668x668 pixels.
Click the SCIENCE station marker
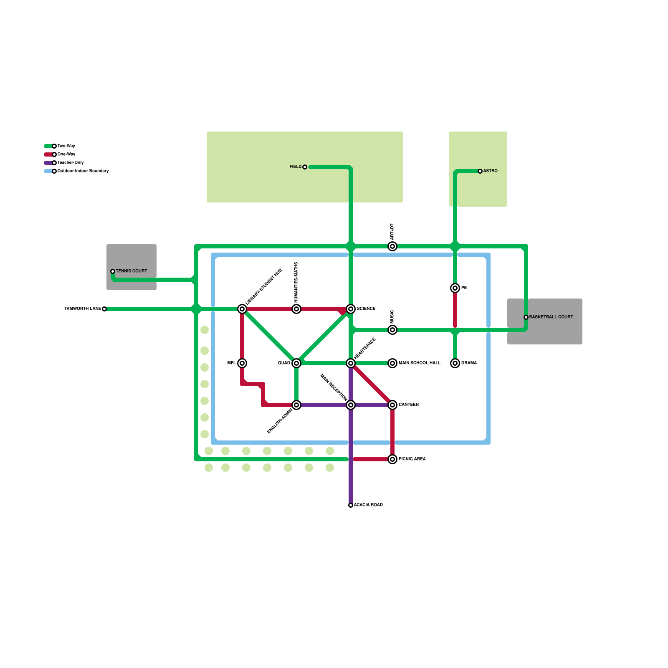[x=351, y=309]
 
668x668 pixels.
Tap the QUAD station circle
[x=296, y=363]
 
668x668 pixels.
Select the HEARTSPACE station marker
[x=351, y=363]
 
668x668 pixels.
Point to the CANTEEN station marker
[x=392, y=405]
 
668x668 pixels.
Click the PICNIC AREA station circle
[x=392, y=459]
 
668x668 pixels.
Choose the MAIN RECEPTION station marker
[x=351, y=405]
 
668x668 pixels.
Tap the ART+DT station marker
[x=392, y=246]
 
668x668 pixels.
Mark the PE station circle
[x=455, y=288]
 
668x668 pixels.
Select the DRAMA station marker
[x=455, y=363]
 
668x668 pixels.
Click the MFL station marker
[x=242, y=363]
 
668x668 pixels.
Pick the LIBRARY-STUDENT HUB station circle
[x=242, y=309]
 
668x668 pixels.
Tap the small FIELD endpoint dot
[x=305, y=167]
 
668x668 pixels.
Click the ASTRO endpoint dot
[x=480, y=171]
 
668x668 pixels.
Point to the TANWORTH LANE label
[x=83, y=309]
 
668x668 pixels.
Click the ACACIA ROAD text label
[x=368, y=505]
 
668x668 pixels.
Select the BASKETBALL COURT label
[x=551, y=317]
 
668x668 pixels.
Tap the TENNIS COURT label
[x=132, y=271]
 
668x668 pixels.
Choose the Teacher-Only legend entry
[x=71, y=163]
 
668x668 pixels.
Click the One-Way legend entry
[x=66, y=154]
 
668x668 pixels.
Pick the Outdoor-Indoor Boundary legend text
[x=83, y=171]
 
